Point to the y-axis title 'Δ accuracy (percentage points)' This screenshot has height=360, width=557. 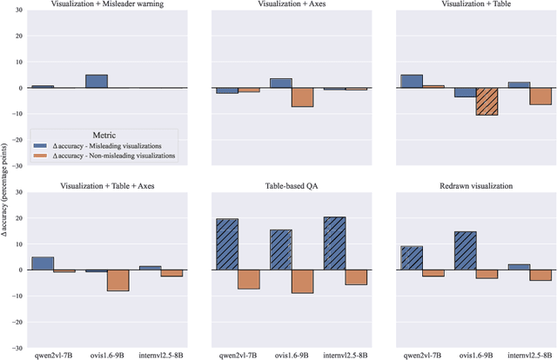pyautogui.click(x=6, y=180)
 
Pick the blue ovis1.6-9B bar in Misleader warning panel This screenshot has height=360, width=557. pyautogui.click(x=97, y=81)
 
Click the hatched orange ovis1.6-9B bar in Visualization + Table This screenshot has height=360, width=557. pyautogui.click(x=487, y=102)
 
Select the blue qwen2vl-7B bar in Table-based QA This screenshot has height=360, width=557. pyautogui.click(x=226, y=243)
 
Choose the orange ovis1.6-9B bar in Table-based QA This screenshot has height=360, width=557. pyautogui.click(x=302, y=281)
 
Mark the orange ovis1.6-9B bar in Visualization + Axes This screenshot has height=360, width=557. pyautogui.click(x=302, y=97)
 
